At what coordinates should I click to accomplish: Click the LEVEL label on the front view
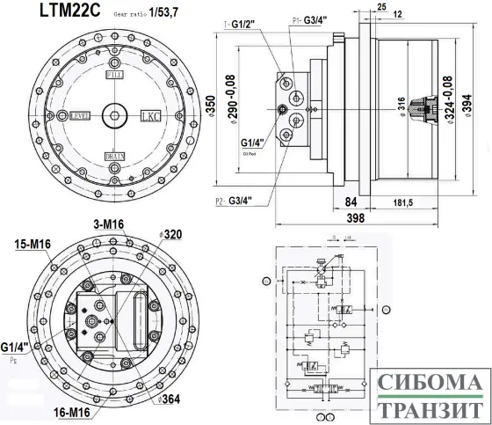(81, 115)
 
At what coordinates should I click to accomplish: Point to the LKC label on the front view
(151, 115)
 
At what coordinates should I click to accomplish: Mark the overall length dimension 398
(355, 217)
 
